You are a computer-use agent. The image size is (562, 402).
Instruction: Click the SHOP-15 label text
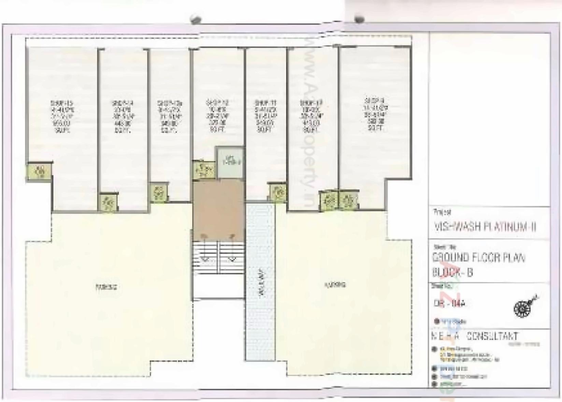pos(62,103)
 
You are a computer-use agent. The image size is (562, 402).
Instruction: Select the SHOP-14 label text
pos(122,103)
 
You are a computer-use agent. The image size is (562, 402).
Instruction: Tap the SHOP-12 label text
pos(217,103)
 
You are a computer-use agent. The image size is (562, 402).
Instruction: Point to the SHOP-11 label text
pos(265,103)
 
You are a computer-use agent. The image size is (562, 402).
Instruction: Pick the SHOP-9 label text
pos(374,101)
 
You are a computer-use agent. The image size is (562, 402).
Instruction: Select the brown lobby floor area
pos(219,210)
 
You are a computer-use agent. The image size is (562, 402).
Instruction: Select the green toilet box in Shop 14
pos(109,202)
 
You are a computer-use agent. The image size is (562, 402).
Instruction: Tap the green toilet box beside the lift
pos(204,169)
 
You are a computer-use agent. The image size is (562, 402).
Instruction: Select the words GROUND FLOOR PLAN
pos(479,257)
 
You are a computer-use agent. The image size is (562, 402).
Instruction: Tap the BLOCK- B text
pos(452,273)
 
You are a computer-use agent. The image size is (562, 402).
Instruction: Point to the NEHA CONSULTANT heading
pos(475,336)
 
